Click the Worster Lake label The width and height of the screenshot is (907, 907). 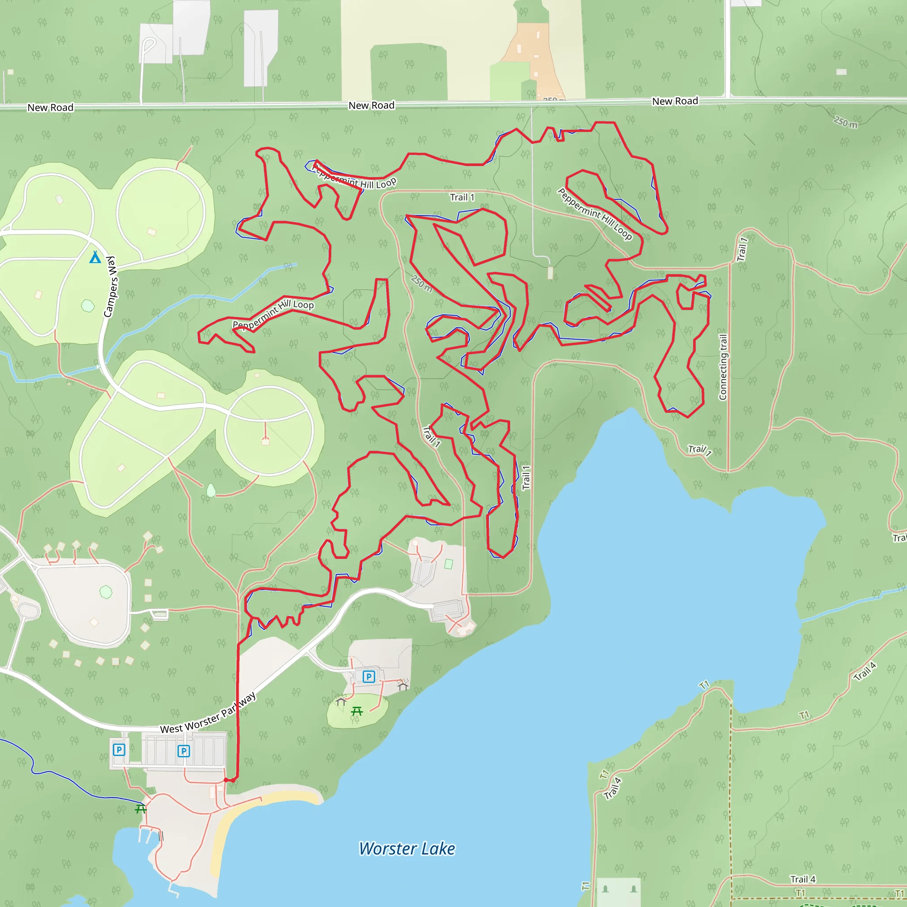pyautogui.click(x=407, y=849)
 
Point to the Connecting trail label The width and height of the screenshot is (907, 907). pyautogui.click(x=723, y=367)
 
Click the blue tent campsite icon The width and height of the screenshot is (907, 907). pyautogui.click(x=95, y=257)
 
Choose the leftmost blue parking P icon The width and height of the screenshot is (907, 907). pyautogui.click(x=119, y=749)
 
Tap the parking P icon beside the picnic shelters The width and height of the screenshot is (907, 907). pyautogui.click(x=369, y=677)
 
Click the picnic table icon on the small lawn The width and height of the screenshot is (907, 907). pyautogui.click(x=357, y=711)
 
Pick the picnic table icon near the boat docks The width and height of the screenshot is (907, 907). pyautogui.click(x=140, y=808)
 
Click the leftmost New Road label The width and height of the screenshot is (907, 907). pyautogui.click(x=50, y=108)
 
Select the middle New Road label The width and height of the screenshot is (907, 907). pyautogui.click(x=371, y=105)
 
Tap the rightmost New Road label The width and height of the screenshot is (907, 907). pyautogui.click(x=674, y=101)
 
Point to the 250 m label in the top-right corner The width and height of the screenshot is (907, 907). pyautogui.click(x=845, y=123)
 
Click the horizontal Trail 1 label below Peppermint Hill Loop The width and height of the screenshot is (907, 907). pyautogui.click(x=462, y=197)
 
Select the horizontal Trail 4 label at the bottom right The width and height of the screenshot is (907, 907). pyautogui.click(x=803, y=879)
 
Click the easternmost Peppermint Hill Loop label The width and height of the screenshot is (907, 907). pyautogui.click(x=595, y=213)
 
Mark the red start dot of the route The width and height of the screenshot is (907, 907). pyautogui.click(x=226, y=780)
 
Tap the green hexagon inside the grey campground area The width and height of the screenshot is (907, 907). pyautogui.click(x=106, y=592)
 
